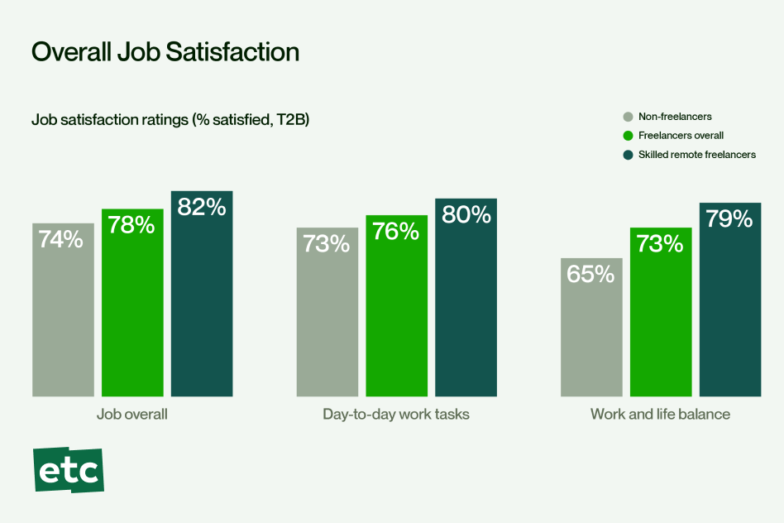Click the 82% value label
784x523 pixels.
(x=202, y=207)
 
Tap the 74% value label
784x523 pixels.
(x=62, y=239)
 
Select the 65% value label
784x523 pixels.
(x=590, y=274)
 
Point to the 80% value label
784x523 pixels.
(x=466, y=214)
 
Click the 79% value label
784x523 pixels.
(x=729, y=218)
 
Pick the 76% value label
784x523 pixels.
(x=396, y=231)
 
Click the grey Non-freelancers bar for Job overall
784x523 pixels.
(x=63, y=323)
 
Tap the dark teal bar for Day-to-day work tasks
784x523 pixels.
(x=466, y=314)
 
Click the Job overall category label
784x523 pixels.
(x=132, y=414)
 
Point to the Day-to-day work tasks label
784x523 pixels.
(x=396, y=414)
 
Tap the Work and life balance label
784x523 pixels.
(x=660, y=414)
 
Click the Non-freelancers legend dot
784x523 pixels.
(x=629, y=117)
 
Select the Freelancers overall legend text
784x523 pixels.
(x=681, y=136)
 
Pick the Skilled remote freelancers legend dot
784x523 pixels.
(x=629, y=155)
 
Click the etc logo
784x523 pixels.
(x=69, y=471)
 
